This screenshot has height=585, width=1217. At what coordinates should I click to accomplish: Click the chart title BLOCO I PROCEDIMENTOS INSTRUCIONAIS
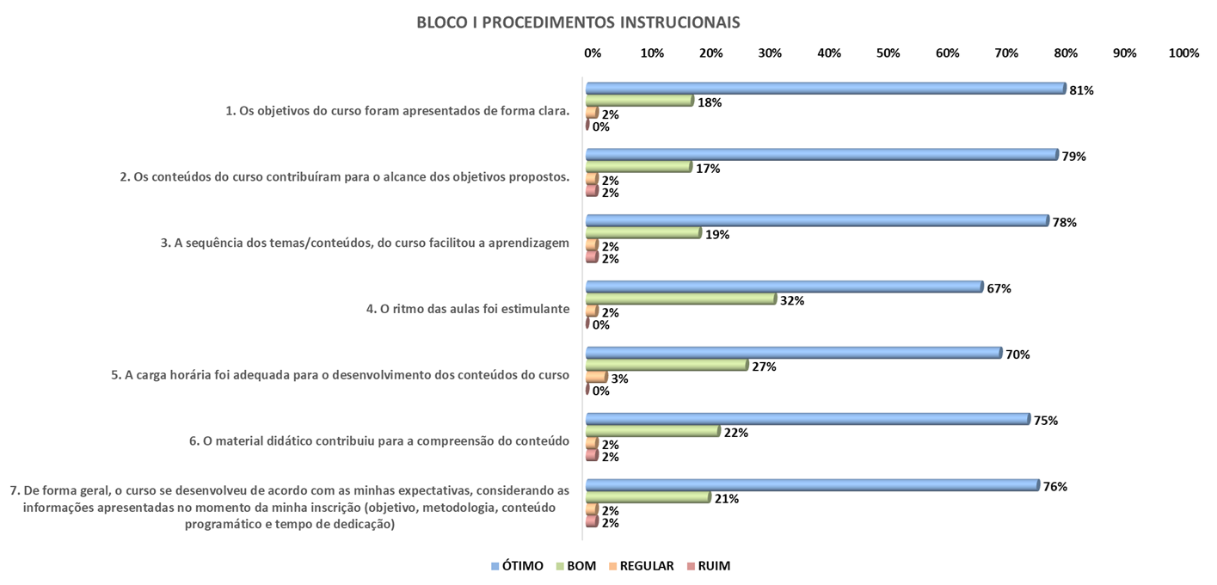(578, 22)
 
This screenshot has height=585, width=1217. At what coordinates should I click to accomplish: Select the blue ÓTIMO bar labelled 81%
(825, 89)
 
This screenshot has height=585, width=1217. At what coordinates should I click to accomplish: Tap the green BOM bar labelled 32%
(680, 299)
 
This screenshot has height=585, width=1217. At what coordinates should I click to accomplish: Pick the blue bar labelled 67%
(784, 287)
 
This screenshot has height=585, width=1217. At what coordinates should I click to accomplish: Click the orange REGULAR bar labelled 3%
(596, 377)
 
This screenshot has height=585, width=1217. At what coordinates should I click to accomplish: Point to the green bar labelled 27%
(667, 365)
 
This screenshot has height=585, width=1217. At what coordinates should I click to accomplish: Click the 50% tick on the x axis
(888, 53)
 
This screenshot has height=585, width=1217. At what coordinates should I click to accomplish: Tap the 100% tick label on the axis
(1183, 53)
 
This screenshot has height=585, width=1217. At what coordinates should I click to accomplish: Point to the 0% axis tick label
(593, 53)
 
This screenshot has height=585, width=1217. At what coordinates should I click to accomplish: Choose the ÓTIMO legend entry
(517, 566)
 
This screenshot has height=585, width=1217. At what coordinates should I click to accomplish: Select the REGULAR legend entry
(640, 566)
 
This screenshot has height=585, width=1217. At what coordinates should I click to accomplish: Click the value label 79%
(1074, 157)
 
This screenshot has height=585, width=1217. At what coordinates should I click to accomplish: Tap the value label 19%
(717, 235)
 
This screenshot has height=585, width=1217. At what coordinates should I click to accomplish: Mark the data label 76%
(1055, 486)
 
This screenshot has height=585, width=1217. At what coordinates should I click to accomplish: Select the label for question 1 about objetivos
(397, 110)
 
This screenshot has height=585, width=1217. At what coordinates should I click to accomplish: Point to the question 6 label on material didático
(379, 441)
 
